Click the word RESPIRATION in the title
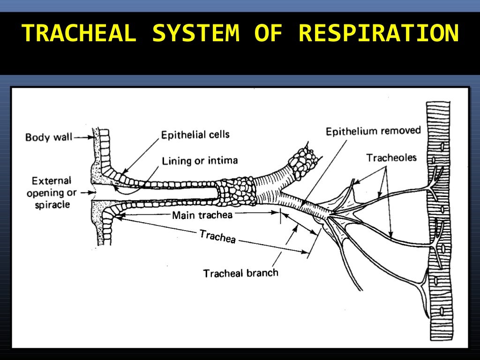(x=378, y=33)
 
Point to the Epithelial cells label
(x=195, y=135)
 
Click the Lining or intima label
(x=200, y=161)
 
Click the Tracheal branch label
(x=240, y=273)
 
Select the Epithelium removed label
(x=374, y=131)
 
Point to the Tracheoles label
(x=391, y=157)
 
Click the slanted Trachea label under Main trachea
(x=217, y=236)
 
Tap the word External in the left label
(x=51, y=181)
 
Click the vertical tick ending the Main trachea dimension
(x=281, y=215)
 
